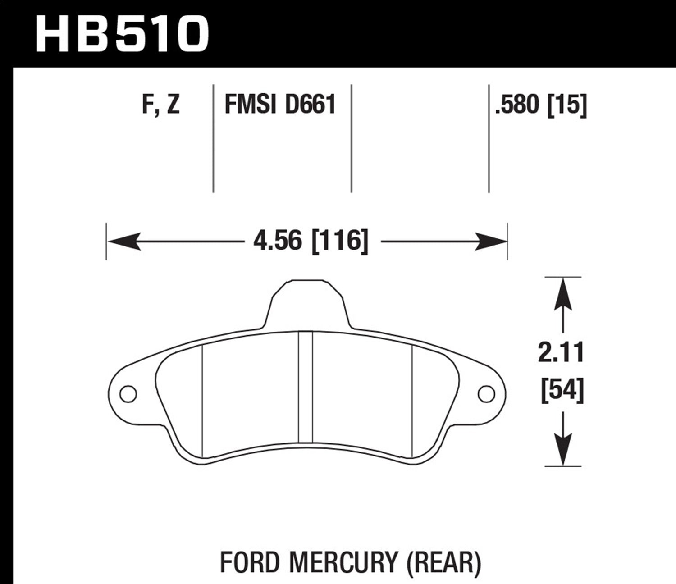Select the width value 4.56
point(277,241)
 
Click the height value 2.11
point(561,352)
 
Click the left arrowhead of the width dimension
point(122,242)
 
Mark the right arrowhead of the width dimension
point(493,242)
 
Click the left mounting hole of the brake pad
point(128,394)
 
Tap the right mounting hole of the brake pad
point(486,394)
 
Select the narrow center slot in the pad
point(306,388)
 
